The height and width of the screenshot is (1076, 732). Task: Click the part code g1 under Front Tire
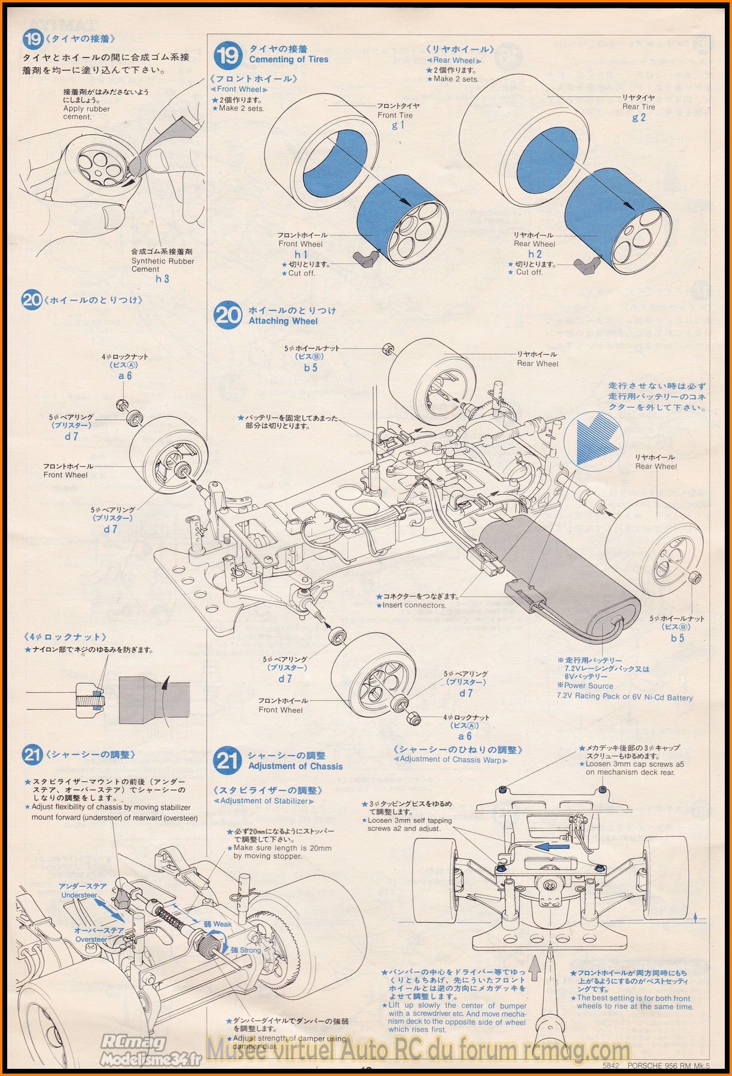click(x=398, y=125)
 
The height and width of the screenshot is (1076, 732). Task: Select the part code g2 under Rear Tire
click(x=639, y=117)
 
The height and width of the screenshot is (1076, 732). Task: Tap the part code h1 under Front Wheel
click(x=300, y=254)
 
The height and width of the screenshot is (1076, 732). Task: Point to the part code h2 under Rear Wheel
click(x=535, y=254)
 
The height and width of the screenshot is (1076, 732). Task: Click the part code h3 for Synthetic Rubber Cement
click(x=162, y=279)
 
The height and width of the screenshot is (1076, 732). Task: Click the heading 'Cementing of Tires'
click(x=289, y=59)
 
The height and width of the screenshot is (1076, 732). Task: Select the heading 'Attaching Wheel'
click(x=283, y=321)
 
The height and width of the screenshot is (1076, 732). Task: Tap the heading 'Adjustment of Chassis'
click(x=295, y=766)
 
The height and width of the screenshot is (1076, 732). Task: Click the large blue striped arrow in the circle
click(x=594, y=441)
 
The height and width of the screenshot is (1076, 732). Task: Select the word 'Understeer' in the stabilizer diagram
click(x=79, y=895)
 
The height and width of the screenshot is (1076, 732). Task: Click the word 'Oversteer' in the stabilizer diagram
click(x=91, y=939)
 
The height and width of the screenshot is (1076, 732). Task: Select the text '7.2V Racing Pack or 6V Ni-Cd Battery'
click(x=624, y=697)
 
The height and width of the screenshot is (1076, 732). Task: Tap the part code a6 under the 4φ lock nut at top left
click(x=125, y=376)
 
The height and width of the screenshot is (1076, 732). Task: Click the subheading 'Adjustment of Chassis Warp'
click(x=450, y=760)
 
